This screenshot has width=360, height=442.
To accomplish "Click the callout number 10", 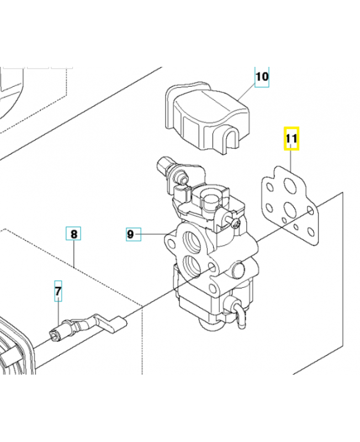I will [262, 76].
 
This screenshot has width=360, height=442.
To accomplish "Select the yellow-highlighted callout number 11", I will [291, 139].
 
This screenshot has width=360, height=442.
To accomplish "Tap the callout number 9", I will [130, 234].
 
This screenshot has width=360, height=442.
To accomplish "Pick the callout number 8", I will [74, 234].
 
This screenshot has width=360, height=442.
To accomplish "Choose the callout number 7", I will [58, 290].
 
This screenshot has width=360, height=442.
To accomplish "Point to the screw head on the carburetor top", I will [236, 223].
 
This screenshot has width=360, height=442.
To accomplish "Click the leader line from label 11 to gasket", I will [291, 161].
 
